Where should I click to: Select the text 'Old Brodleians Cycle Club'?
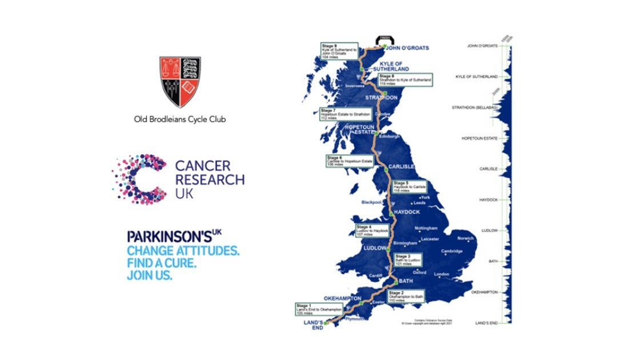[x=180, y=119]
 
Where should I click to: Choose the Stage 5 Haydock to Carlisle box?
[x=410, y=186]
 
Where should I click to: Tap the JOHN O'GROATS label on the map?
[x=407, y=49]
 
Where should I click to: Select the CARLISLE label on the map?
[x=400, y=167]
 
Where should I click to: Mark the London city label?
[x=442, y=274]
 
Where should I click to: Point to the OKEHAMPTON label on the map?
[x=342, y=298]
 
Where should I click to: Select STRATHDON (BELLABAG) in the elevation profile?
[x=475, y=107]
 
